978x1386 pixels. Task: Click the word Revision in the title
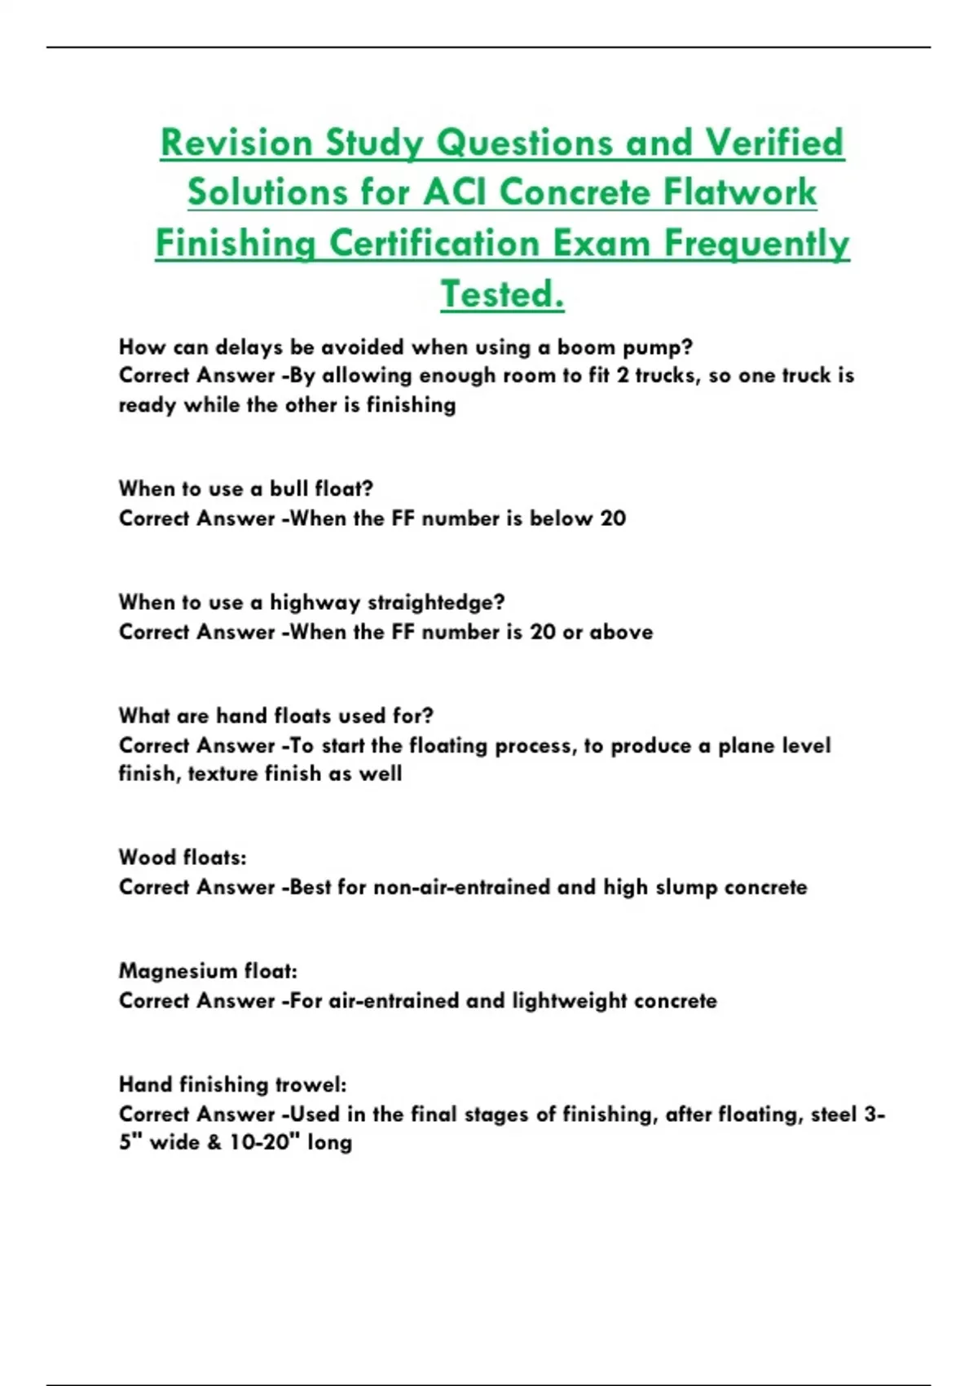coord(236,143)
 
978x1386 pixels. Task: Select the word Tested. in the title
coord(502,294)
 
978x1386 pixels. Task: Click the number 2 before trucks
coord(622,376)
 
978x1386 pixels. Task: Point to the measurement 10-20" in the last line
coord(260,1142)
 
